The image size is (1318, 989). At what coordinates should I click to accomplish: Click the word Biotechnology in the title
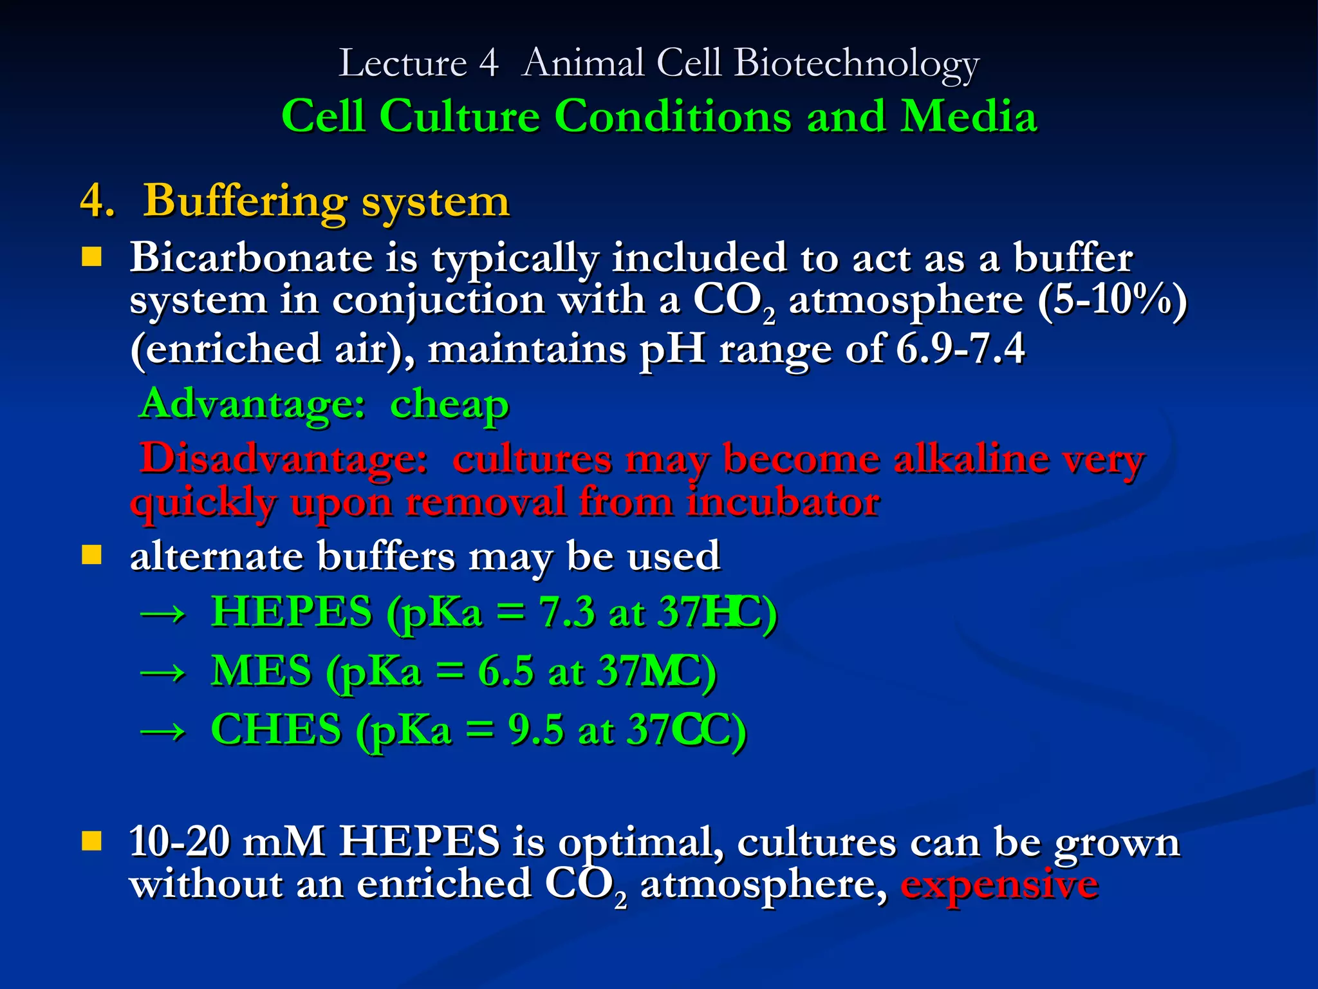(x=856, y=64)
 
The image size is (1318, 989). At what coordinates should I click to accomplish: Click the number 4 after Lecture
(x=488, y=64)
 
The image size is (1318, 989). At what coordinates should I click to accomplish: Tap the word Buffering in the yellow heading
(x=245, y=201)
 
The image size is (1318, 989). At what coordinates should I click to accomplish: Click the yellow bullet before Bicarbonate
(x=92, y=258)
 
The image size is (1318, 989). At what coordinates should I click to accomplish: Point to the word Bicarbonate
(x=251, y=258)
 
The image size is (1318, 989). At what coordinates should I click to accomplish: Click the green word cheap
(x=449, y=405)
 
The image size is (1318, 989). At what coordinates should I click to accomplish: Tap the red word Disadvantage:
(x=284, y=459)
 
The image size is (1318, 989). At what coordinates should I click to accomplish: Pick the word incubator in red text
(x=783, y=502)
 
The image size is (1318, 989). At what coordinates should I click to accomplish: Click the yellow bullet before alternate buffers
(x=92, y=554)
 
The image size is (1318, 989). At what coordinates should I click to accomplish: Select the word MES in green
(x=261, y=671)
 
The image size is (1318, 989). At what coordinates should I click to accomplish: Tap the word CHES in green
(x=276, y=730)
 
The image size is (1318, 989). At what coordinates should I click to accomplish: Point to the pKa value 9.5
(x=535, y=730)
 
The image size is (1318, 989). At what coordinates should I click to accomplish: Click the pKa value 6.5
(x=505, y=672)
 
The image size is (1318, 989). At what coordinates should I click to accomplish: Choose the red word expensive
(x=999, y=885)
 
